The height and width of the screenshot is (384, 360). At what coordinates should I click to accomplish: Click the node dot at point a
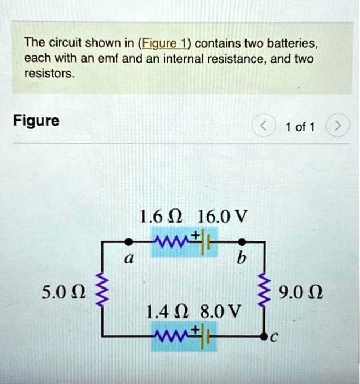point(127,241)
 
